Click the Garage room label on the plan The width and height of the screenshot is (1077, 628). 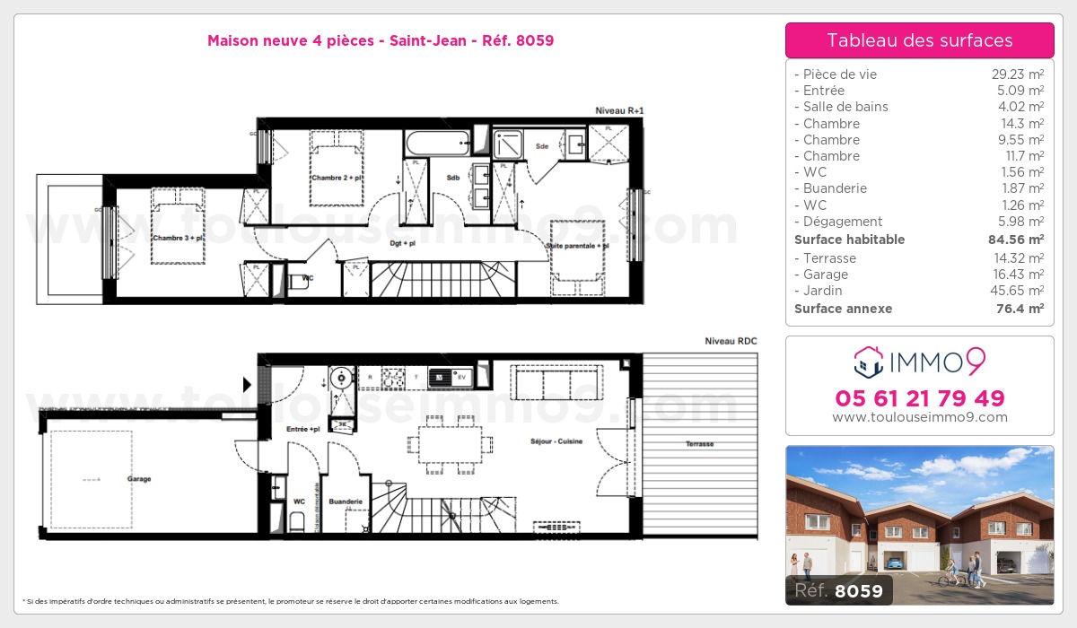point(139,479)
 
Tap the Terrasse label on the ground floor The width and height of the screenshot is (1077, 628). point(700,444)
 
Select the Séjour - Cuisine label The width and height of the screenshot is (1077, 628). point(556,441)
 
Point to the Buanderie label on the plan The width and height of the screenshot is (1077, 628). point(346,502)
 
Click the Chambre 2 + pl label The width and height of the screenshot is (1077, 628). point(336,178)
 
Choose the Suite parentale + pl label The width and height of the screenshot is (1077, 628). point(578,245)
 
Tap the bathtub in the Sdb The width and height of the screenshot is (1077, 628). point(437,142)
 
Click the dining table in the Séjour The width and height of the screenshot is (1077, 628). point(449,443)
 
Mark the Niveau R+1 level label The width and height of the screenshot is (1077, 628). point(619,110)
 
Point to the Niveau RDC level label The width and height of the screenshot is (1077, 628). point(731,342)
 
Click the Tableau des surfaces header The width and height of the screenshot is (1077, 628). point(919,40)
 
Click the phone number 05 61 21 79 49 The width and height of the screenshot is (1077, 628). point(919,398)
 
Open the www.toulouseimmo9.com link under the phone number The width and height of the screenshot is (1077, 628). point(919,417)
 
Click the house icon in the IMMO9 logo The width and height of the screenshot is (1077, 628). point(868,362)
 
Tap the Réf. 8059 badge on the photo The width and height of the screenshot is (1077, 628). point(839,590)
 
